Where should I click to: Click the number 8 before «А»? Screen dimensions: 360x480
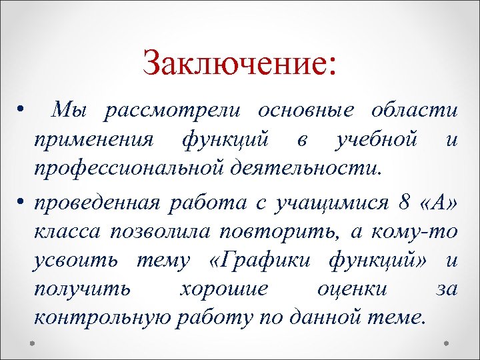pos(399,201)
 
